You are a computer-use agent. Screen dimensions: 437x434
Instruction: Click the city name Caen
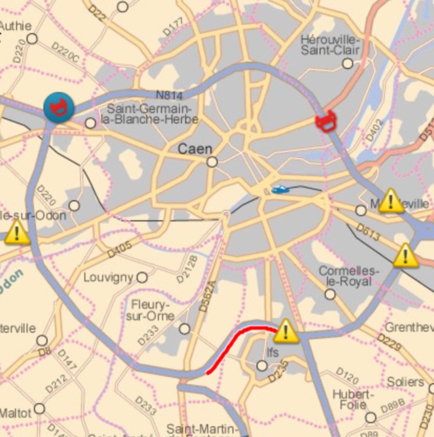click(195, 149)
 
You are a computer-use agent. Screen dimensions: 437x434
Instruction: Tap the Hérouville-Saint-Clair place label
click(331, 46)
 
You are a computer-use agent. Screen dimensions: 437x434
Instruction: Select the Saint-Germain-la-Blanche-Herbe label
click(150, 114)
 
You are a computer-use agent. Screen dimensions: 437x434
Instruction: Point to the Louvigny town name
click(108, 278)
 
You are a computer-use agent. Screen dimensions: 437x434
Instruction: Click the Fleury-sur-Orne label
click(150, 310)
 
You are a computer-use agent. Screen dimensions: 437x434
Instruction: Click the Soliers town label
click(405, 381)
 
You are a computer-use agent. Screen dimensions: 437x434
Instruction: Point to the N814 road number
click(169, 96)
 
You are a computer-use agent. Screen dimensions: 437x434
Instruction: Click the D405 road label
click(120, 250)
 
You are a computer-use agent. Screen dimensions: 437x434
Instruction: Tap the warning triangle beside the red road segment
click(286, 332)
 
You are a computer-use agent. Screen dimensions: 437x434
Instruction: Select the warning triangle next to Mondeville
click(391, 201)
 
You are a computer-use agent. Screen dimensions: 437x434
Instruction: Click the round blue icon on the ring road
click(58, 106)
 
